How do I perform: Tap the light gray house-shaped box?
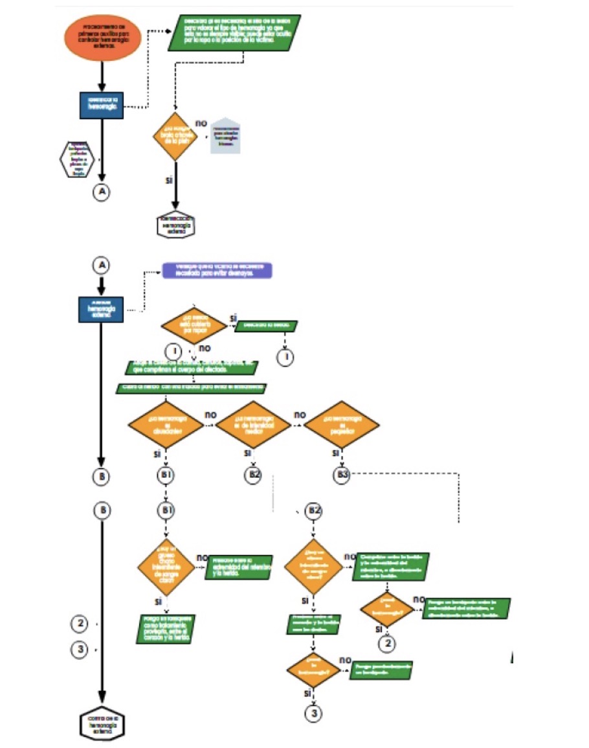point(225,136)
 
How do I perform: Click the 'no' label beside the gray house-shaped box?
point(201,122)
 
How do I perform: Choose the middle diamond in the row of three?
point(253,425)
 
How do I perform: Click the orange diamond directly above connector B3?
point(342,425)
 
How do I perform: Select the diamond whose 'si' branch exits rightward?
point(194,324)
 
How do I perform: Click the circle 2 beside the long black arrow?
point(79,624)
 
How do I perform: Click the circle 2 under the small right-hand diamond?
point(386,644)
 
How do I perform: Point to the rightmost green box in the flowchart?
point(467,607)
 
